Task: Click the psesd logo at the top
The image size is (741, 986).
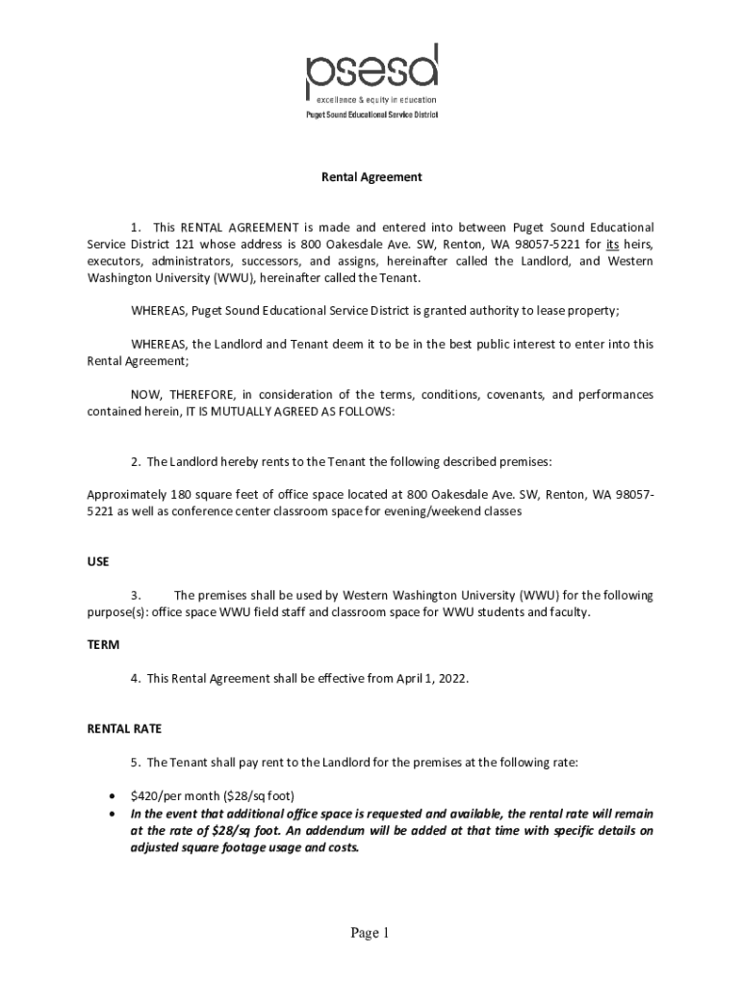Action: [371, 68]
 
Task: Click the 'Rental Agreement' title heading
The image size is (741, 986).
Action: [371, 177]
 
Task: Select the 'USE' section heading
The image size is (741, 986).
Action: [98, 560]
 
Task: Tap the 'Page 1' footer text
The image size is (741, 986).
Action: [370, 933]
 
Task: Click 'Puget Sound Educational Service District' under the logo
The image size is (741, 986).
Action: [371, 115]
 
